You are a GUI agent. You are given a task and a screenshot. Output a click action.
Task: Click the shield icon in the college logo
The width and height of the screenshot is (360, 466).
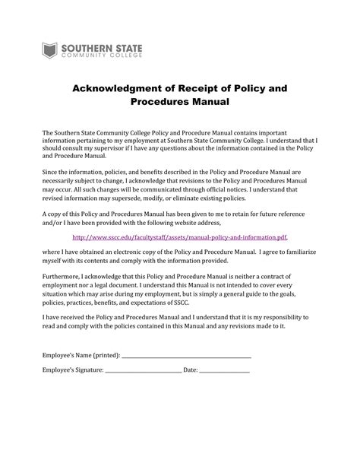[50, 51]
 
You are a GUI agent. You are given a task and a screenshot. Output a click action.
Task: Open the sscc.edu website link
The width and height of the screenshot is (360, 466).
[179, 237]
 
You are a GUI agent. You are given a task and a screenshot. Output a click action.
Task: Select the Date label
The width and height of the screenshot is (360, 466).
[190, 370]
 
